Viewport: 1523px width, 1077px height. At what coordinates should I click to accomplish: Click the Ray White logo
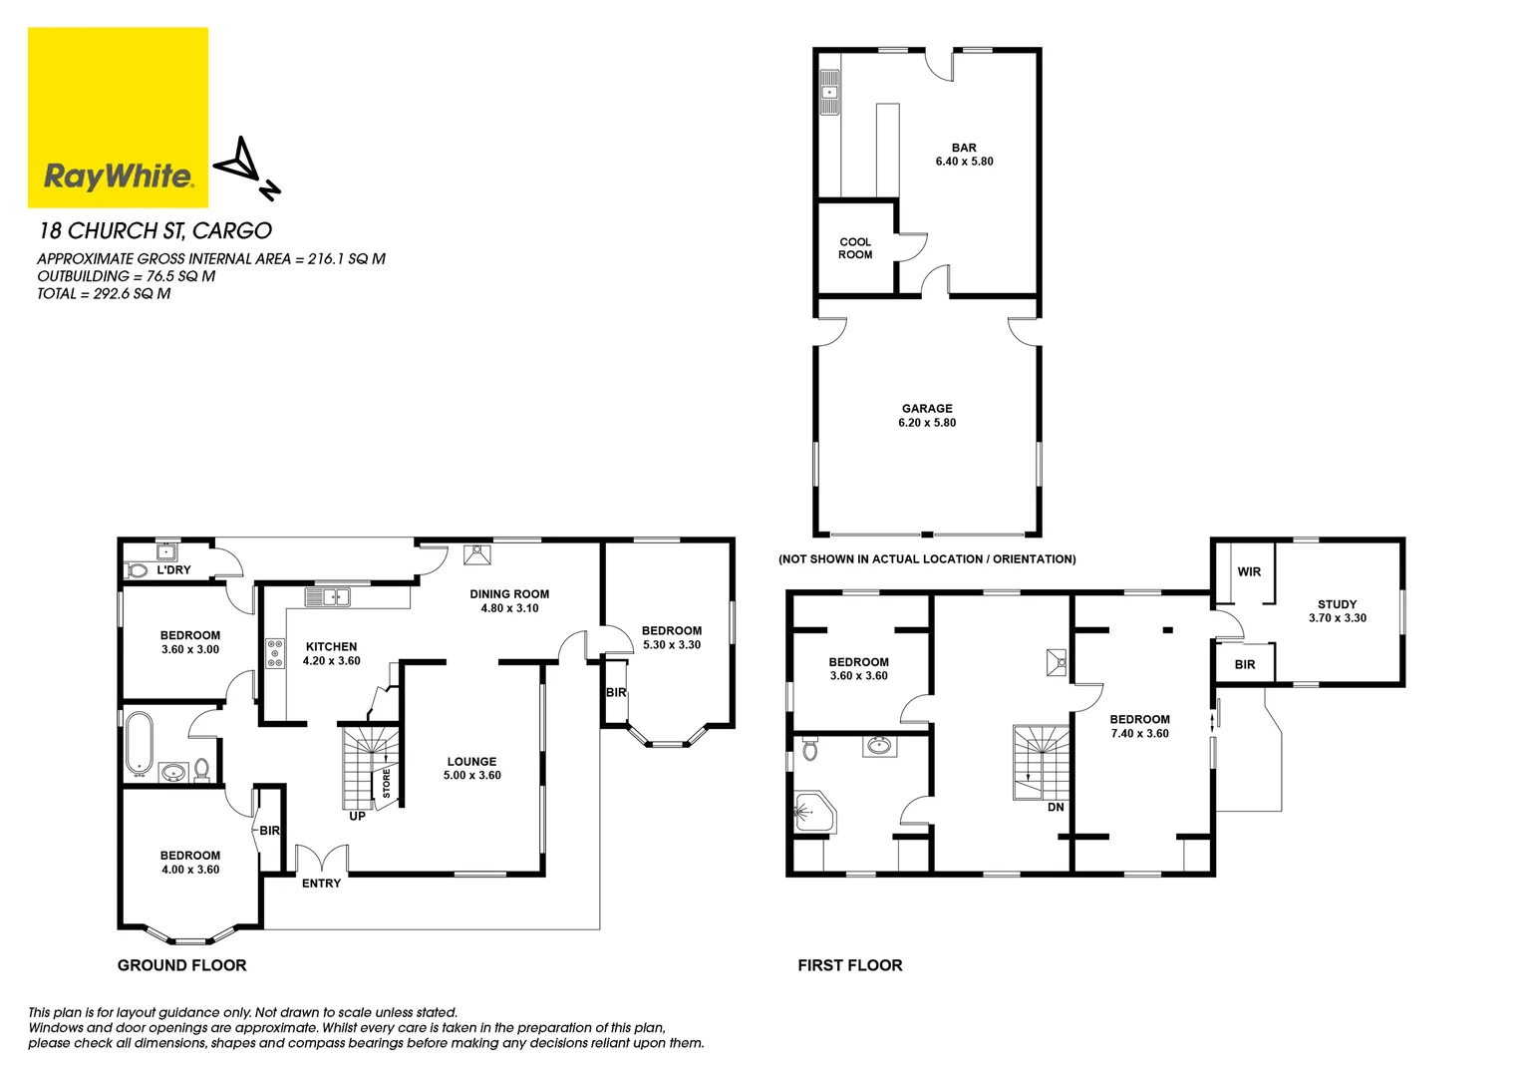[118, 118]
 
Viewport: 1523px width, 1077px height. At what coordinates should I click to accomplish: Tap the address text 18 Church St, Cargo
[154, 230]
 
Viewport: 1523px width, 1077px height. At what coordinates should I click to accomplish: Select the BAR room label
[964, 148]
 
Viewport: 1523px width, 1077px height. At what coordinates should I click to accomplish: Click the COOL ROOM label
[855, 248]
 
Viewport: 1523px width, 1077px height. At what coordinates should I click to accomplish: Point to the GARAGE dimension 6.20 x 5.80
[927, 423]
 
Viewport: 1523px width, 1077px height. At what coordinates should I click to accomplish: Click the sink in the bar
[829, 93]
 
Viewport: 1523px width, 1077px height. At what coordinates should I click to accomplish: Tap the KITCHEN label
[331, 646]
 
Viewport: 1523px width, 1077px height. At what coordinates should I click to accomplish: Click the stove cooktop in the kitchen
[275, 653]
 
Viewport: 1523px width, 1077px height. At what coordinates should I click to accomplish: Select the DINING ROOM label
[509, 594]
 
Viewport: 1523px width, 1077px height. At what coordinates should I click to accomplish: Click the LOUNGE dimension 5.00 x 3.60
[472, 776]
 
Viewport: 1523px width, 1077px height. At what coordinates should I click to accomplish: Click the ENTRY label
[321, 884]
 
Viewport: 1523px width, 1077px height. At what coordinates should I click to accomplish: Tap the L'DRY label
[173, 570]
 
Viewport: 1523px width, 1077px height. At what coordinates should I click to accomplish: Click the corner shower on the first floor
[812, 814]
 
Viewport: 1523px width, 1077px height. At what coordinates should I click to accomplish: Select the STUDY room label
[1337, 604]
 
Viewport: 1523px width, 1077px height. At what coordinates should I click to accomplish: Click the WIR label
[1249, 572]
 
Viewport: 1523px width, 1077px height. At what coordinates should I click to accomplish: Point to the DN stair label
[1056, 808]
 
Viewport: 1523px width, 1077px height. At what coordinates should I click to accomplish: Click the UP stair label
[357, 817]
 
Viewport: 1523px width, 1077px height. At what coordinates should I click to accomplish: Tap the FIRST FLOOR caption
[849, 965]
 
